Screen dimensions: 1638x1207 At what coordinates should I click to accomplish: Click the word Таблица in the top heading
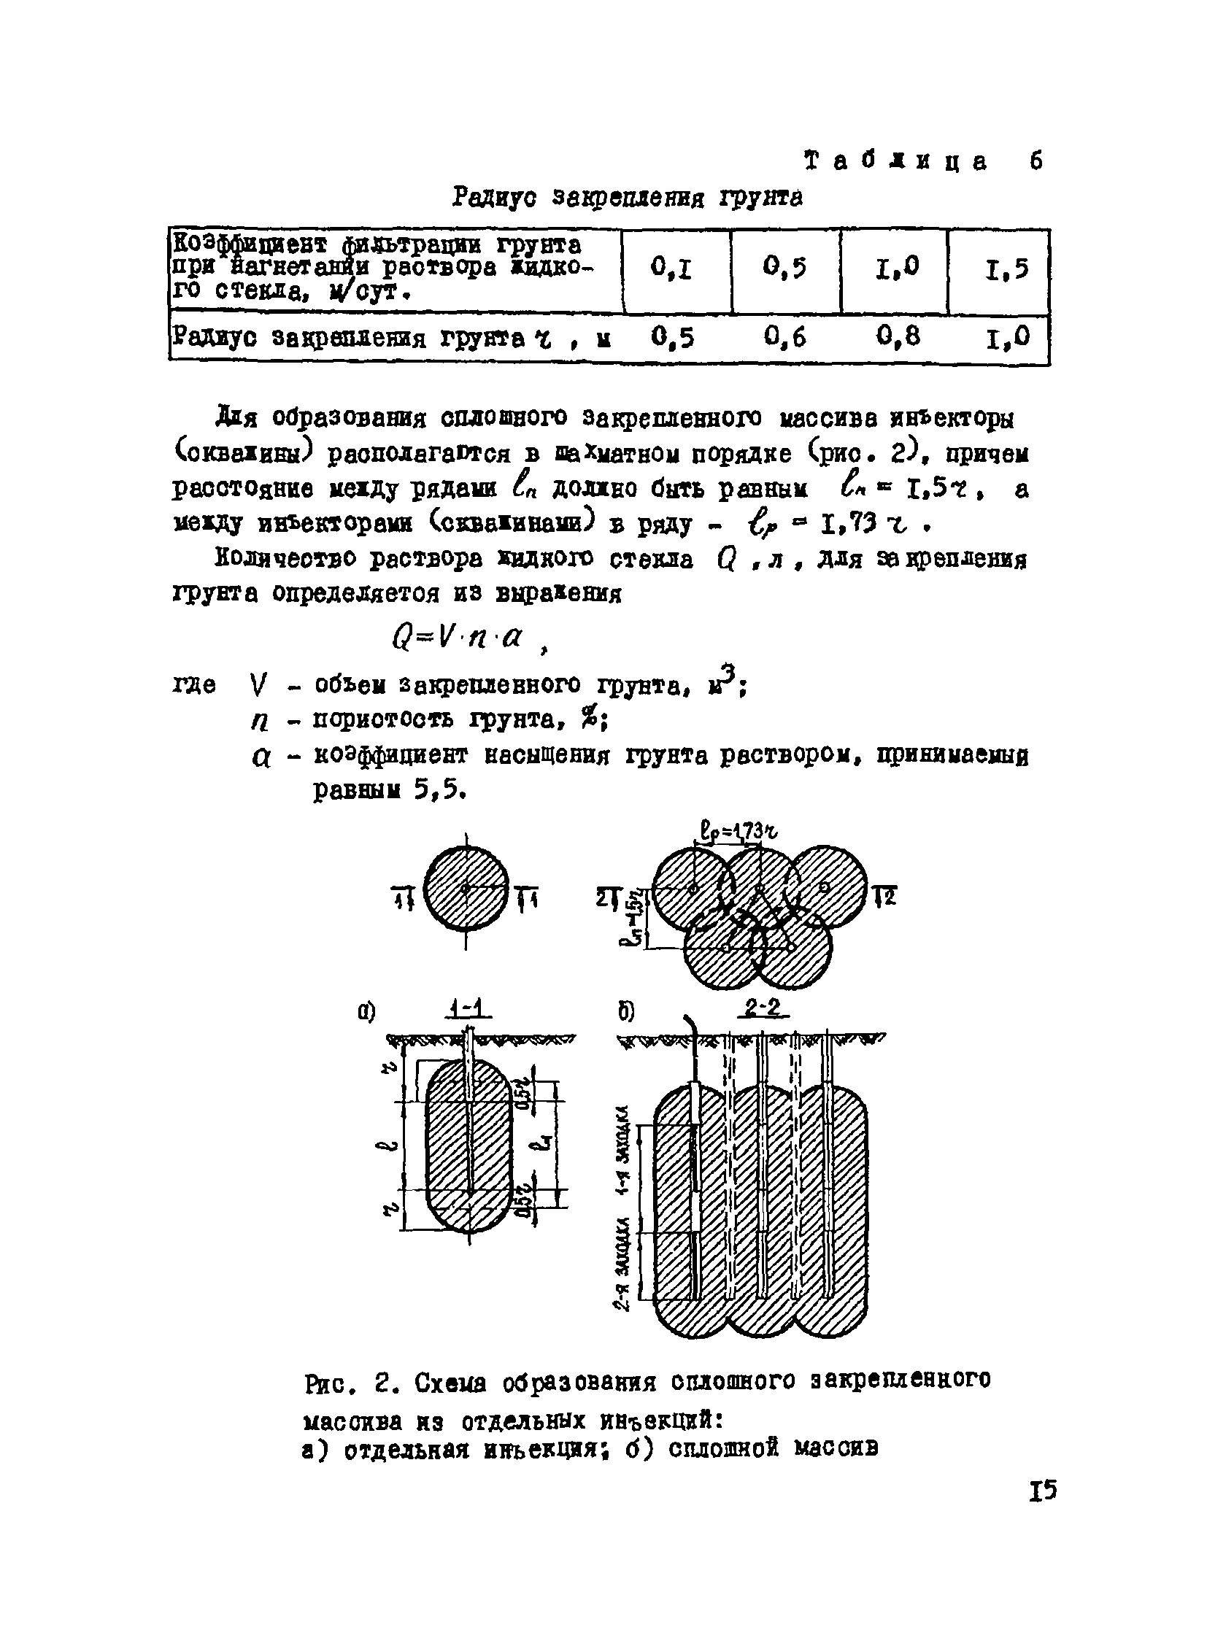click(895, 161)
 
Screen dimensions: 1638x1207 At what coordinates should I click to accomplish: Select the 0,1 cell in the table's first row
click(671, 270)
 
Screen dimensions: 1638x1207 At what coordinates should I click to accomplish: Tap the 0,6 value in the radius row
click(785, 337)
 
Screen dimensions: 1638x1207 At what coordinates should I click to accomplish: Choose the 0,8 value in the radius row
click(897, 337)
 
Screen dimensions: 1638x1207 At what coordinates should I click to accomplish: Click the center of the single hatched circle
click(466, 888)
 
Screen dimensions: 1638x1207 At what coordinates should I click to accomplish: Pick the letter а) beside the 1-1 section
click(366, 1013)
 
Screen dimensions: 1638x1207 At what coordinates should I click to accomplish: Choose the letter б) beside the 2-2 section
click(626, 1013)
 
